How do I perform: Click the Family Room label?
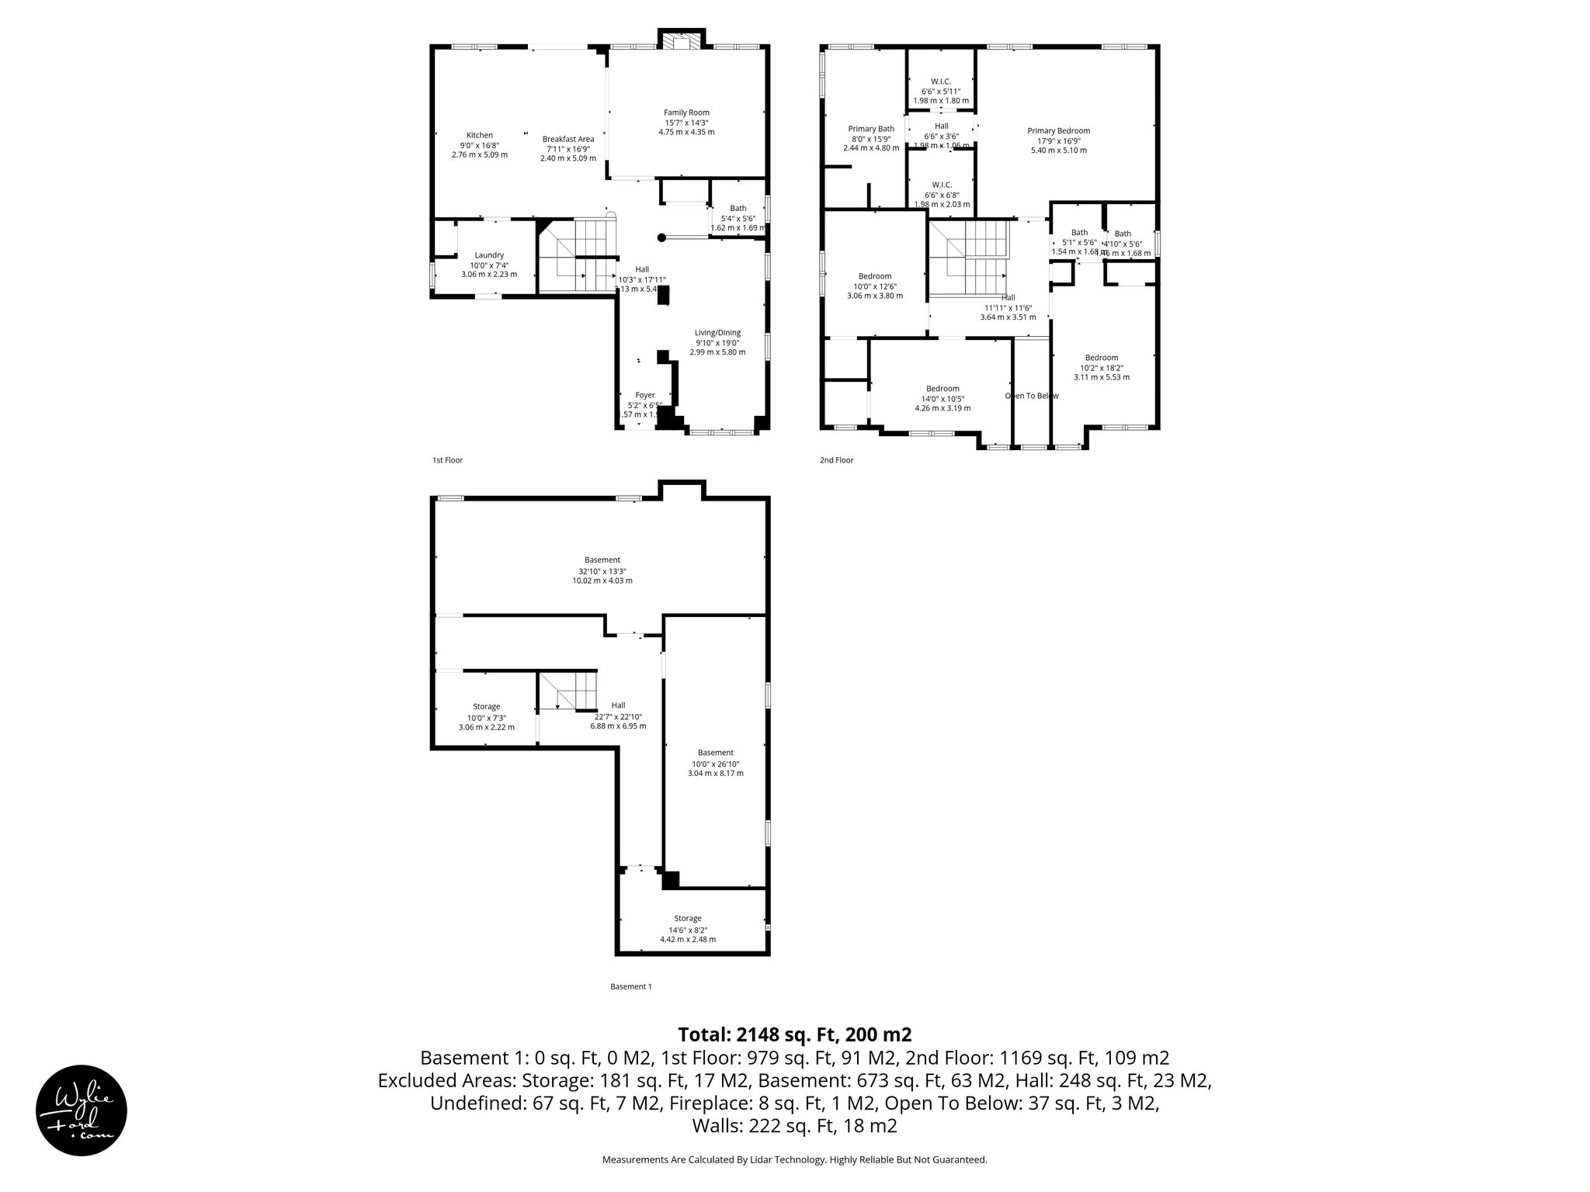tap(686, 113)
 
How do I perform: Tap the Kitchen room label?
tap(479, 135)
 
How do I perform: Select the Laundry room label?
tap(489, 255)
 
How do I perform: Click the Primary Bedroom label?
tap(1058, 131)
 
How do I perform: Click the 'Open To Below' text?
tap(1032, 396)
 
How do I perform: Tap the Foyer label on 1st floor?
tap(644, 395)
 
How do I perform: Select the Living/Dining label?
tap(717, 333)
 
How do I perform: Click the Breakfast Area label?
tap(568, 139)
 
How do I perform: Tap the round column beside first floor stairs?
tap(661, 238)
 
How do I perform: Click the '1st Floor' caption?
tap(447, 460)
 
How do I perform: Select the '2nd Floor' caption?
tap(836, 460)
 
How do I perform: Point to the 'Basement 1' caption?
tap(630, 986)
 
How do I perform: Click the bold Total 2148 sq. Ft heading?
tap(794, 1034)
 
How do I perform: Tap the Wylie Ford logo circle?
tap(82, 1110)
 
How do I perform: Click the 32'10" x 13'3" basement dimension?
tap(602, 570)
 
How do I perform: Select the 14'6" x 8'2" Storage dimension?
tap(687, 929)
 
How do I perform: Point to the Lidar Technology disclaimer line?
tap(794, 1159)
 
